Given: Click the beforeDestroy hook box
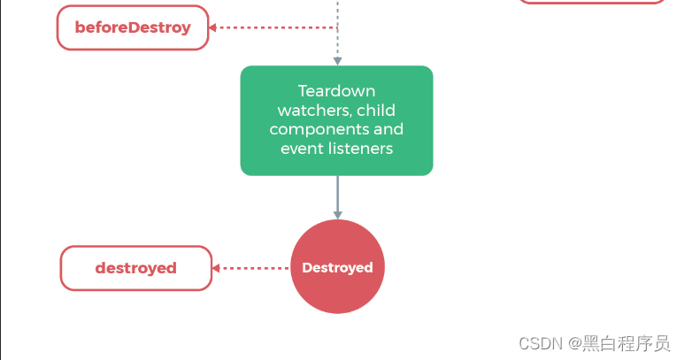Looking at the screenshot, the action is (133, 27).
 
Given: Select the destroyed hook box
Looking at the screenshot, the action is (136, 268).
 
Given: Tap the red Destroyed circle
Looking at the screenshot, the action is (338, 267).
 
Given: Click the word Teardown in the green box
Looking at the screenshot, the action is (337, 91).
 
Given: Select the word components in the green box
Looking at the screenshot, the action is (314, 130).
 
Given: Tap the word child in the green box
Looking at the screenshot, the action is (376, 110).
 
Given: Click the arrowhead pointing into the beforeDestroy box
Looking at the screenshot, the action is (212, 27).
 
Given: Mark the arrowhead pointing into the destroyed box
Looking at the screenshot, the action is (216, 268).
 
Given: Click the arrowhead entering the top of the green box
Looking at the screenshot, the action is (338, 61).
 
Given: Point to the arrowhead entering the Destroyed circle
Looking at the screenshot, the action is (338, 215).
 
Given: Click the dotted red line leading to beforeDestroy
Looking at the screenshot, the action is (275, 27).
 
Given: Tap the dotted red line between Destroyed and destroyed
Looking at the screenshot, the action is (254, 268).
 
